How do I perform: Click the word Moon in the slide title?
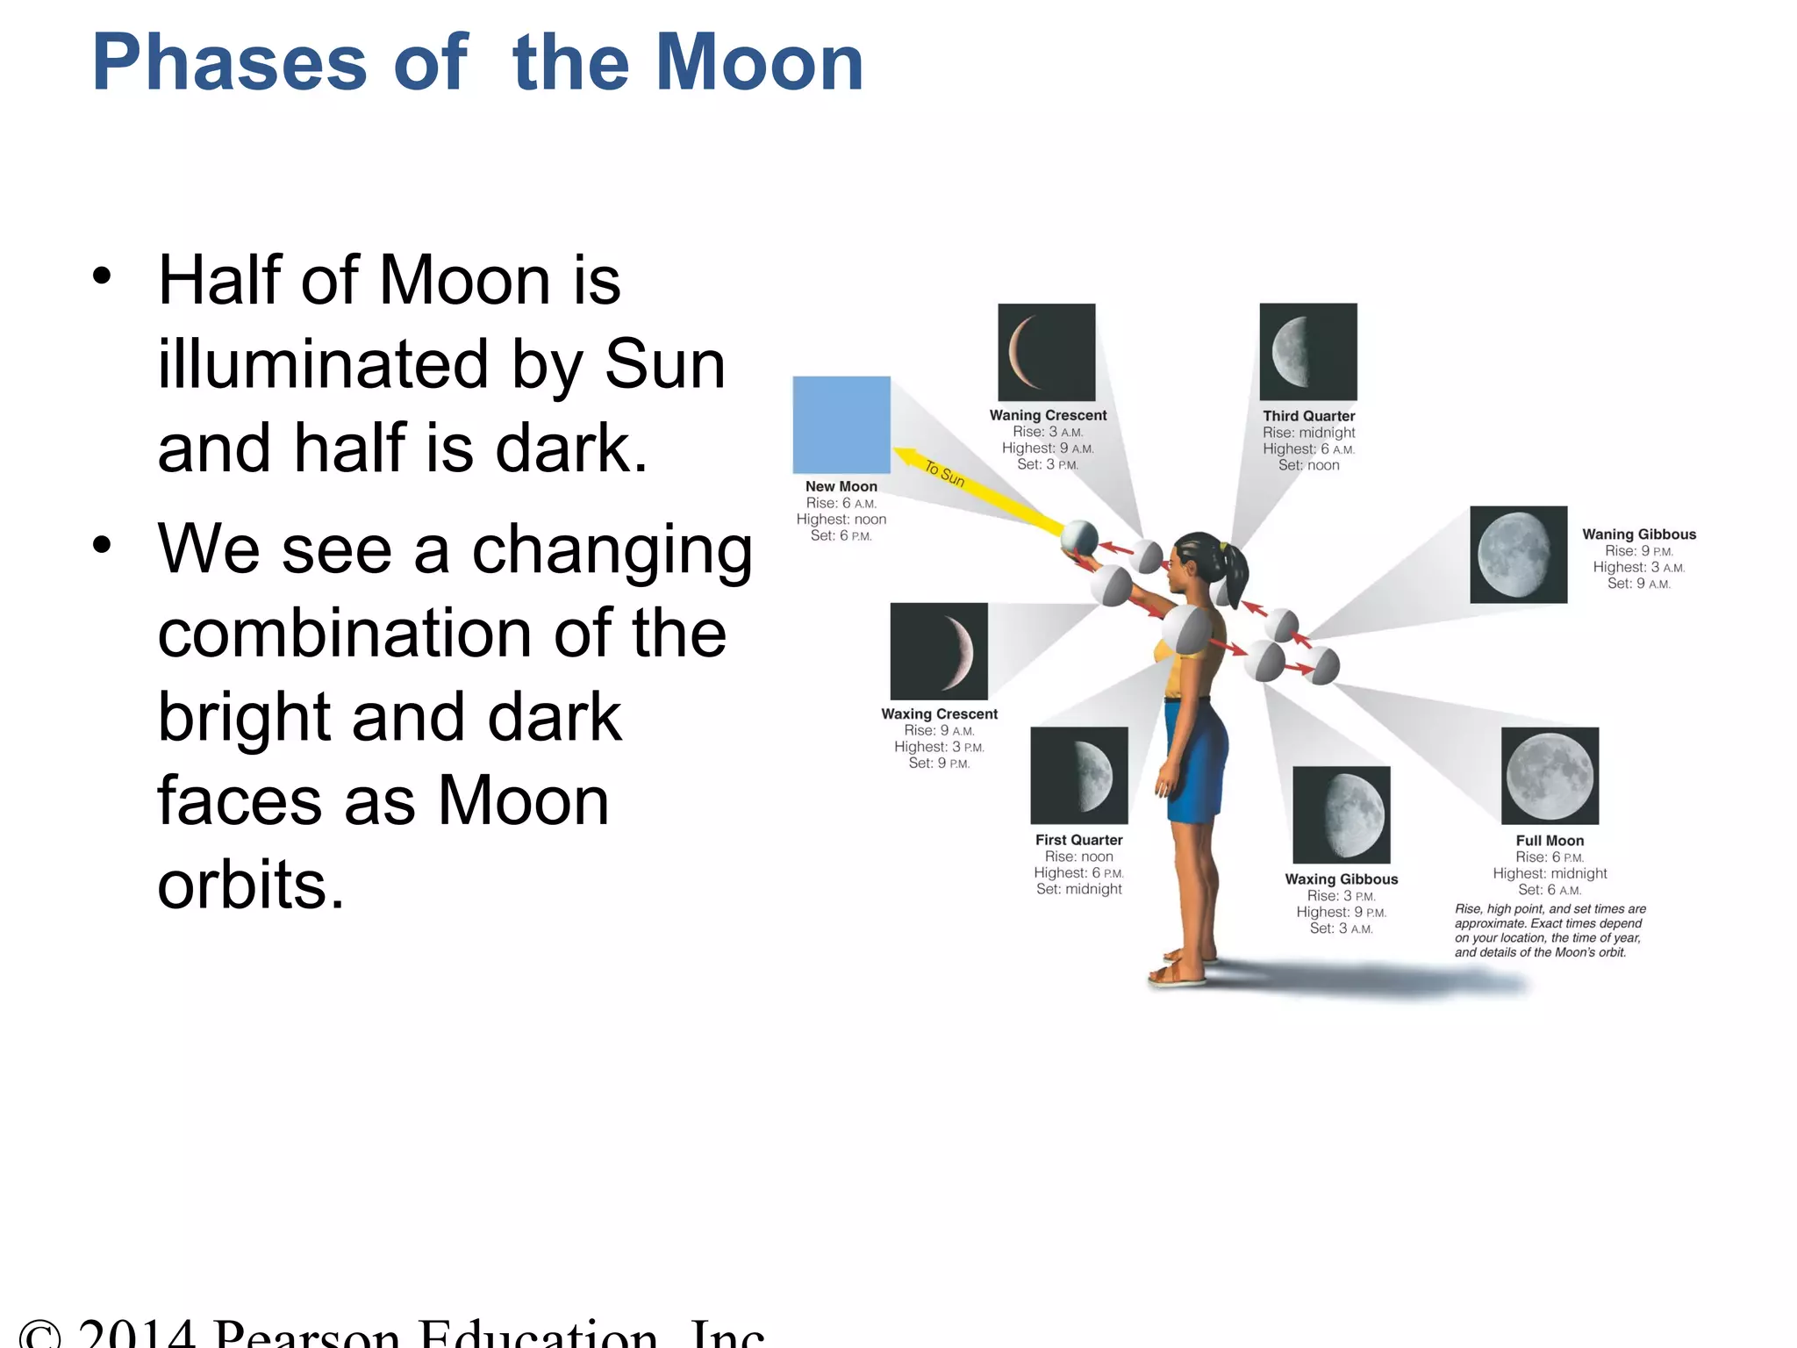click(760, 63)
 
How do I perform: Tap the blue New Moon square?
click(841, 425)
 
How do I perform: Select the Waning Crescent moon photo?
click(1047, 352)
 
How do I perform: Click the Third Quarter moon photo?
click(1308, 352)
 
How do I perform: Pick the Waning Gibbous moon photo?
click(1518, 554)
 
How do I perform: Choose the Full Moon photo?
click(1550, 776)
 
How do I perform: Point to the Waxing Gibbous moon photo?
click(1342, 814)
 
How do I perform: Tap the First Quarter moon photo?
click(1079, 775)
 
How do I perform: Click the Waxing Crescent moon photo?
click(939, 651)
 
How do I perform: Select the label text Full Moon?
click(1550, 841)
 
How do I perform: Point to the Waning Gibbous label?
click(1639, 534)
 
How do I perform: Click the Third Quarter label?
click(1308, 416)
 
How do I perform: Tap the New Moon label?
click(841, 486)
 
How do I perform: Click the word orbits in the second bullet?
click(250, 884)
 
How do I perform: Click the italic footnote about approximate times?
click(1550, 930)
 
